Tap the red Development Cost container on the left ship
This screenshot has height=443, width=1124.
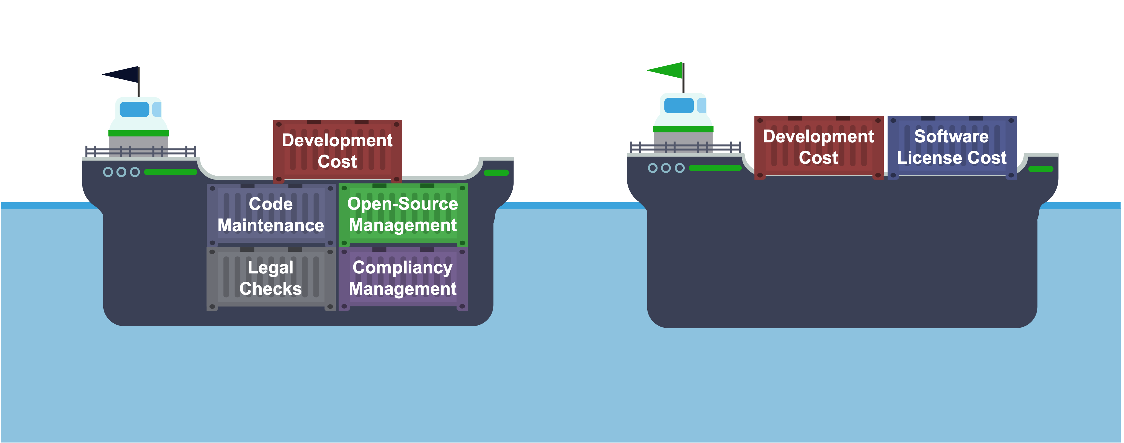coord(337,151)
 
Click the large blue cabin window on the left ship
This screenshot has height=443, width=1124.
coord(134,109)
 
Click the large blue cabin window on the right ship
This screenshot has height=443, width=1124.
coord(679,105)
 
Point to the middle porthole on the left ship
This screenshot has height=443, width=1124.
coord(121,172)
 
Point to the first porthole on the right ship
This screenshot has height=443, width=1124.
coord(652,168)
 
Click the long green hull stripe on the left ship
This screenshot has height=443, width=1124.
coord(171,172)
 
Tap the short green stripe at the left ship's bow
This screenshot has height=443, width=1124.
coord(496,173)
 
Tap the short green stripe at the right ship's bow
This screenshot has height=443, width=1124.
coord(1041,169)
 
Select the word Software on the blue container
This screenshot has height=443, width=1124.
coord(951,137)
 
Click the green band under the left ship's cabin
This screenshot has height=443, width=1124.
coord(138,133)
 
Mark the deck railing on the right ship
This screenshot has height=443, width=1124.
coord(685,147)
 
